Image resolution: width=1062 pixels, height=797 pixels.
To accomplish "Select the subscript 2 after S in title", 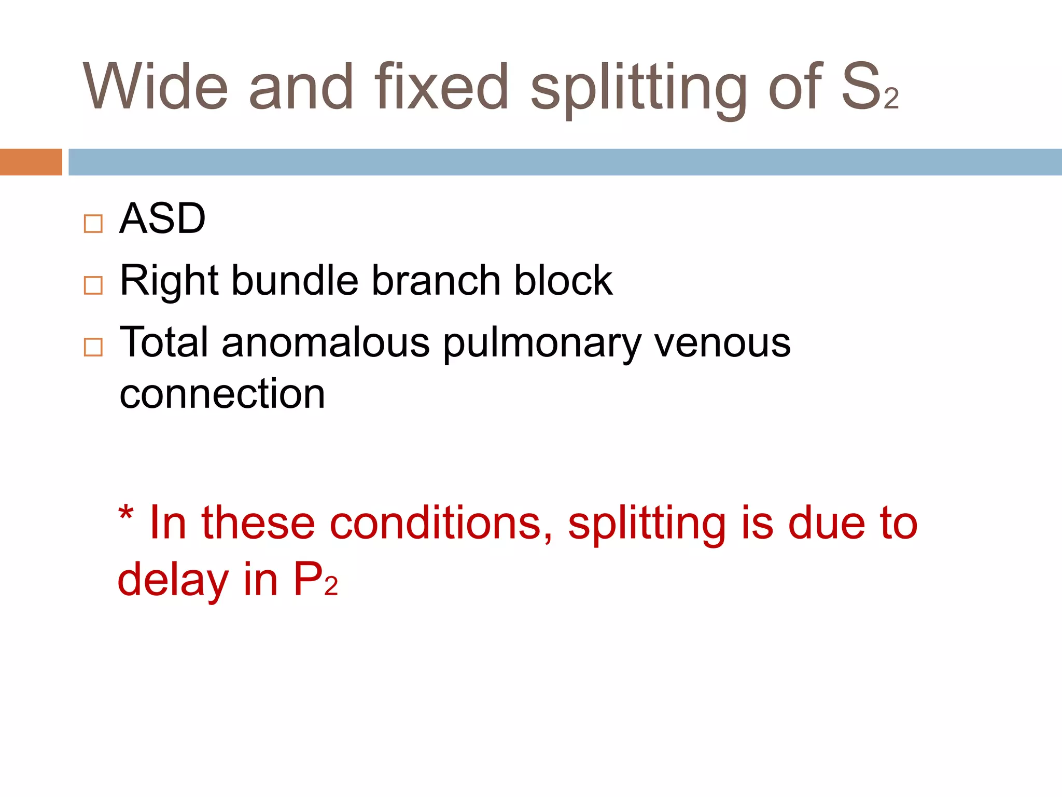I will pos(891,99).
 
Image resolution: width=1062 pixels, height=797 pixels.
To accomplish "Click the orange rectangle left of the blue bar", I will pos(31,162).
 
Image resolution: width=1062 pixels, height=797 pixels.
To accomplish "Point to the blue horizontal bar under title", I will pos(565,162).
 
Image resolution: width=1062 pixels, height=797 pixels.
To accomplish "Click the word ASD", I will pos(162,219).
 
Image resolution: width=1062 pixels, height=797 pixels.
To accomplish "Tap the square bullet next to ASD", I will pos(93,224).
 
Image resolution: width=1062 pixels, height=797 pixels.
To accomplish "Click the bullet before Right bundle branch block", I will pos(93,285).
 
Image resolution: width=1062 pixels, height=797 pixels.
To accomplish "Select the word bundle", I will pos(295,281).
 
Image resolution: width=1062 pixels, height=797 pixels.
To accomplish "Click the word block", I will pos(563,281).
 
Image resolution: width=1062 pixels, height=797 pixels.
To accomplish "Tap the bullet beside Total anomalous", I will pos(93,347).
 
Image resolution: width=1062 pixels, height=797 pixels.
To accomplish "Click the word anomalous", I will pos(326,343).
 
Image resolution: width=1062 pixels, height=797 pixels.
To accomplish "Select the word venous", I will pos(722,343).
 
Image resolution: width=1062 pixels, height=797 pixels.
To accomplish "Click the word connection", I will pos(222,394).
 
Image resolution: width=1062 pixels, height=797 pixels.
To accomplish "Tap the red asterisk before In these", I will pos(126,515).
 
